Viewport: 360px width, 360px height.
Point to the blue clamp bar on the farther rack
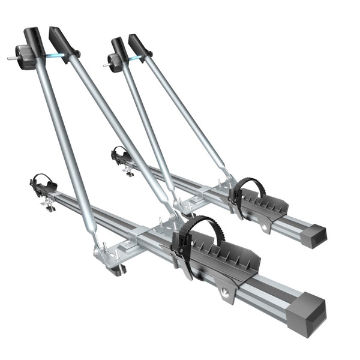[135, 58]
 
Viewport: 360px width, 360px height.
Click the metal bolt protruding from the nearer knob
[12, 59]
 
